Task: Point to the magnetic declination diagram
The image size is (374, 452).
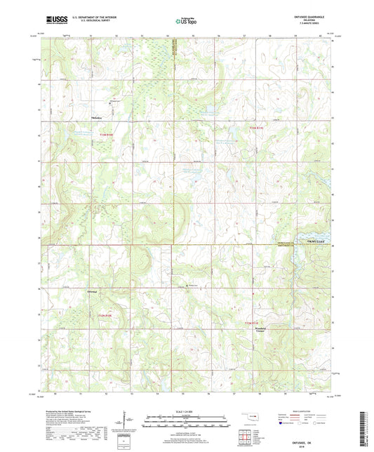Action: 131,420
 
